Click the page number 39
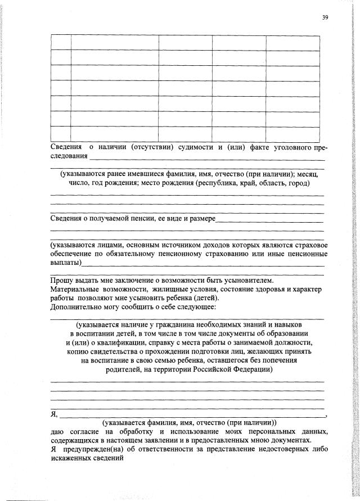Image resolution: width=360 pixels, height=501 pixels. [325, 17]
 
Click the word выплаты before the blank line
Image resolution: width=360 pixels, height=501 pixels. [65, 263]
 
